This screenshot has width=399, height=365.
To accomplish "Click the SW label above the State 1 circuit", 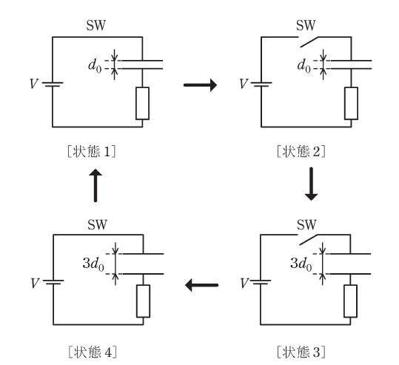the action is click(x=96, y=25).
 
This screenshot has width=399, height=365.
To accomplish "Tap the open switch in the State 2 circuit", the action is click(x=309, y=42).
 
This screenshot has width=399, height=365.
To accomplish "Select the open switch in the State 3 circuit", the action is click(x=308, y=240).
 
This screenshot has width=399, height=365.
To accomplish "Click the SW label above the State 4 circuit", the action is click(x=97, y=224).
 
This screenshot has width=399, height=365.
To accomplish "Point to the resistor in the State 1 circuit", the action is click(x=142, y=104).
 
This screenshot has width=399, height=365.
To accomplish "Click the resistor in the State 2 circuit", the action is click(x=351, y=104).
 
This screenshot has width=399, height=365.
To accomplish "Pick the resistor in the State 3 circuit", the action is click(x=350, y=301).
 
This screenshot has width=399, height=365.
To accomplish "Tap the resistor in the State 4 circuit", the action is click(x=144, y=301).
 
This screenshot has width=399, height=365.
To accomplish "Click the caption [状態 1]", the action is click(x=92, y=152).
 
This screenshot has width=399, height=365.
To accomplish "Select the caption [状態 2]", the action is click(x=301, y=152).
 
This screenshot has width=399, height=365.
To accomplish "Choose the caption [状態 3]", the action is click(x=301, y=352).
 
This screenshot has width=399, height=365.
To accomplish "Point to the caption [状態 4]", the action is click(x=93, y=352).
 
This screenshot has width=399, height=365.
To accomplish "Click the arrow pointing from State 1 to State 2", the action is click(x=201, y=85).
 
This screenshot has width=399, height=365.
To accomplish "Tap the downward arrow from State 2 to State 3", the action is click(x=311, y=184).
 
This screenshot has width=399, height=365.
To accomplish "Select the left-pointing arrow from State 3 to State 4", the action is click(x=201, y=285).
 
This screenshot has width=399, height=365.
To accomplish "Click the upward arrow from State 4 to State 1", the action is click(x=95, y=185).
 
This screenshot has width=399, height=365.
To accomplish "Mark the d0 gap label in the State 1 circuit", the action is click(x=95, y=65).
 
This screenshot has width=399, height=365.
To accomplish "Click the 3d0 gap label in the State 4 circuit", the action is click(x=93, y=264).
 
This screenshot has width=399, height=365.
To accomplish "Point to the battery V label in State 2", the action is click(x=244, y=84).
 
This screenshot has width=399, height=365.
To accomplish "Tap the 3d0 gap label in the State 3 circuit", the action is click(x=301, y=264).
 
